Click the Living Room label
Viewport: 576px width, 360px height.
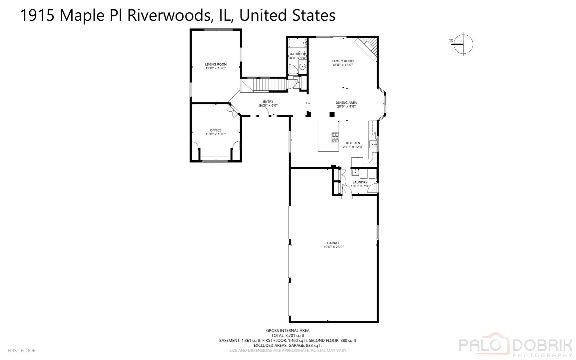pos(216,64)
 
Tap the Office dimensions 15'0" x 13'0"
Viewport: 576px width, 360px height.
pos(216,134)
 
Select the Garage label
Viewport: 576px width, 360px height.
pos(333,243)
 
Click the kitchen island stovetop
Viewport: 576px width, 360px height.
pos(335,138)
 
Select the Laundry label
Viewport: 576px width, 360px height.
pos(360,182)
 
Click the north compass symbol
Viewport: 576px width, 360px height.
pos(462,44)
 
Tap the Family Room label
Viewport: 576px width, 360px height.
pos(342,61)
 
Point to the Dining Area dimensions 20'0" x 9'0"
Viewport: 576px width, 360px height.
pos(346,107)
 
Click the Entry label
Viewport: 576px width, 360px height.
pos(268,102)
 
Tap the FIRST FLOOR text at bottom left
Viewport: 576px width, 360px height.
pos(22,351)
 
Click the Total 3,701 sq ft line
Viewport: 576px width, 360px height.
pos(288,336)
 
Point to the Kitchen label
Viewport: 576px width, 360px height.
pos(353,143)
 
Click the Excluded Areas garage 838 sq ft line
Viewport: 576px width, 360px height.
pos(288,346)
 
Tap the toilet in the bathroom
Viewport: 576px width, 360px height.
pos(303,67)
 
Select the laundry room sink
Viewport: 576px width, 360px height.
pos(356,172)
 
